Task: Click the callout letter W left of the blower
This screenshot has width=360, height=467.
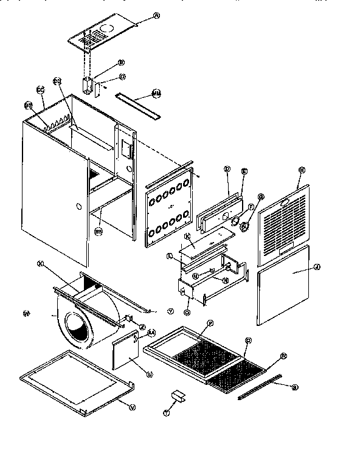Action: [x=26, y=314]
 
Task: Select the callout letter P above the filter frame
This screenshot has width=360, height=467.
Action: [x=210, y=322]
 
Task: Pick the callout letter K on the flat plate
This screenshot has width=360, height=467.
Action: [x=188, y=235]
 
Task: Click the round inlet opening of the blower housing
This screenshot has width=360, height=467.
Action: [x=77, y=328]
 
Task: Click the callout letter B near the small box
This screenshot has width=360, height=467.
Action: [x=122, y=62]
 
